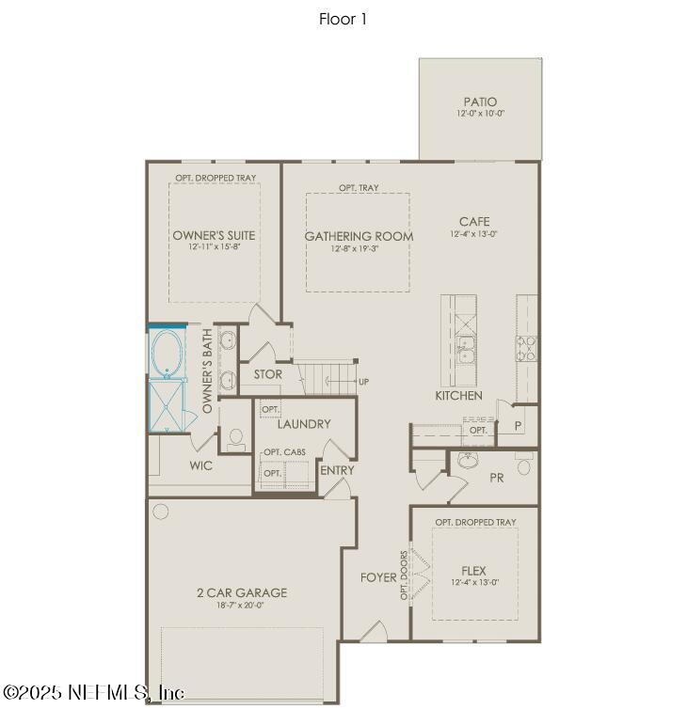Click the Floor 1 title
pyautogui.click(x=343, y=19)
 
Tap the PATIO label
pyautogui.click(x=480, y=102)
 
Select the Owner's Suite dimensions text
pyautogui.click(x=214, y=248)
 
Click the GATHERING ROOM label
pyautogui.click(x=358, y=236)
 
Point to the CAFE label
pyautogui.click(x=474, y=222)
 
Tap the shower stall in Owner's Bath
pyautogui.click(x=169, y=403)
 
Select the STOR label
pyautogui.click(x=267, y=375)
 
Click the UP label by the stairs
pyautogui.click(x=362, y=382)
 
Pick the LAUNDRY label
pyautogui.click(x=304, y=424)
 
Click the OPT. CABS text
pyautogui.click(x=283, y=452)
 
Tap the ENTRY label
pyautogui.click(x=337, y=470)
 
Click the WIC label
pyautogui.click(x=200, y=465)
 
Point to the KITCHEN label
pyautogui.click(x=458, y=396)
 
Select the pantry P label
pyautogui.click(x=518, y=426)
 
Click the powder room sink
pyautogui.click(x=468, y=461)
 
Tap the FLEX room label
pyautogui.click(x=473, y=570)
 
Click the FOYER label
pyautogui.click(x=378, y=577)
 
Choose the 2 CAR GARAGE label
pyautogui.click(x=242, y=593)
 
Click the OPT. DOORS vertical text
pyautogui.click(x=404, y=575)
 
